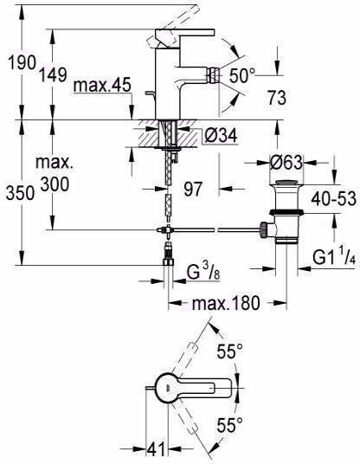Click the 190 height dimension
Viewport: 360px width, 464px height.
22,62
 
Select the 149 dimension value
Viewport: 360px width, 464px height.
54,74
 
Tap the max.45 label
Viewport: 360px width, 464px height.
102,85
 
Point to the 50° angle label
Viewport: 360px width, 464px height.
242,75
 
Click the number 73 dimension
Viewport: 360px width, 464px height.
277,98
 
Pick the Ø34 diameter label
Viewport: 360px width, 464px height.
221,136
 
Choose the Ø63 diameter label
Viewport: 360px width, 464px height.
286,163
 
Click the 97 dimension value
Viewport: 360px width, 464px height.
193,189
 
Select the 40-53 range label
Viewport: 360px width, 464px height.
333,198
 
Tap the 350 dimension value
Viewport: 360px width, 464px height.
20,194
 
